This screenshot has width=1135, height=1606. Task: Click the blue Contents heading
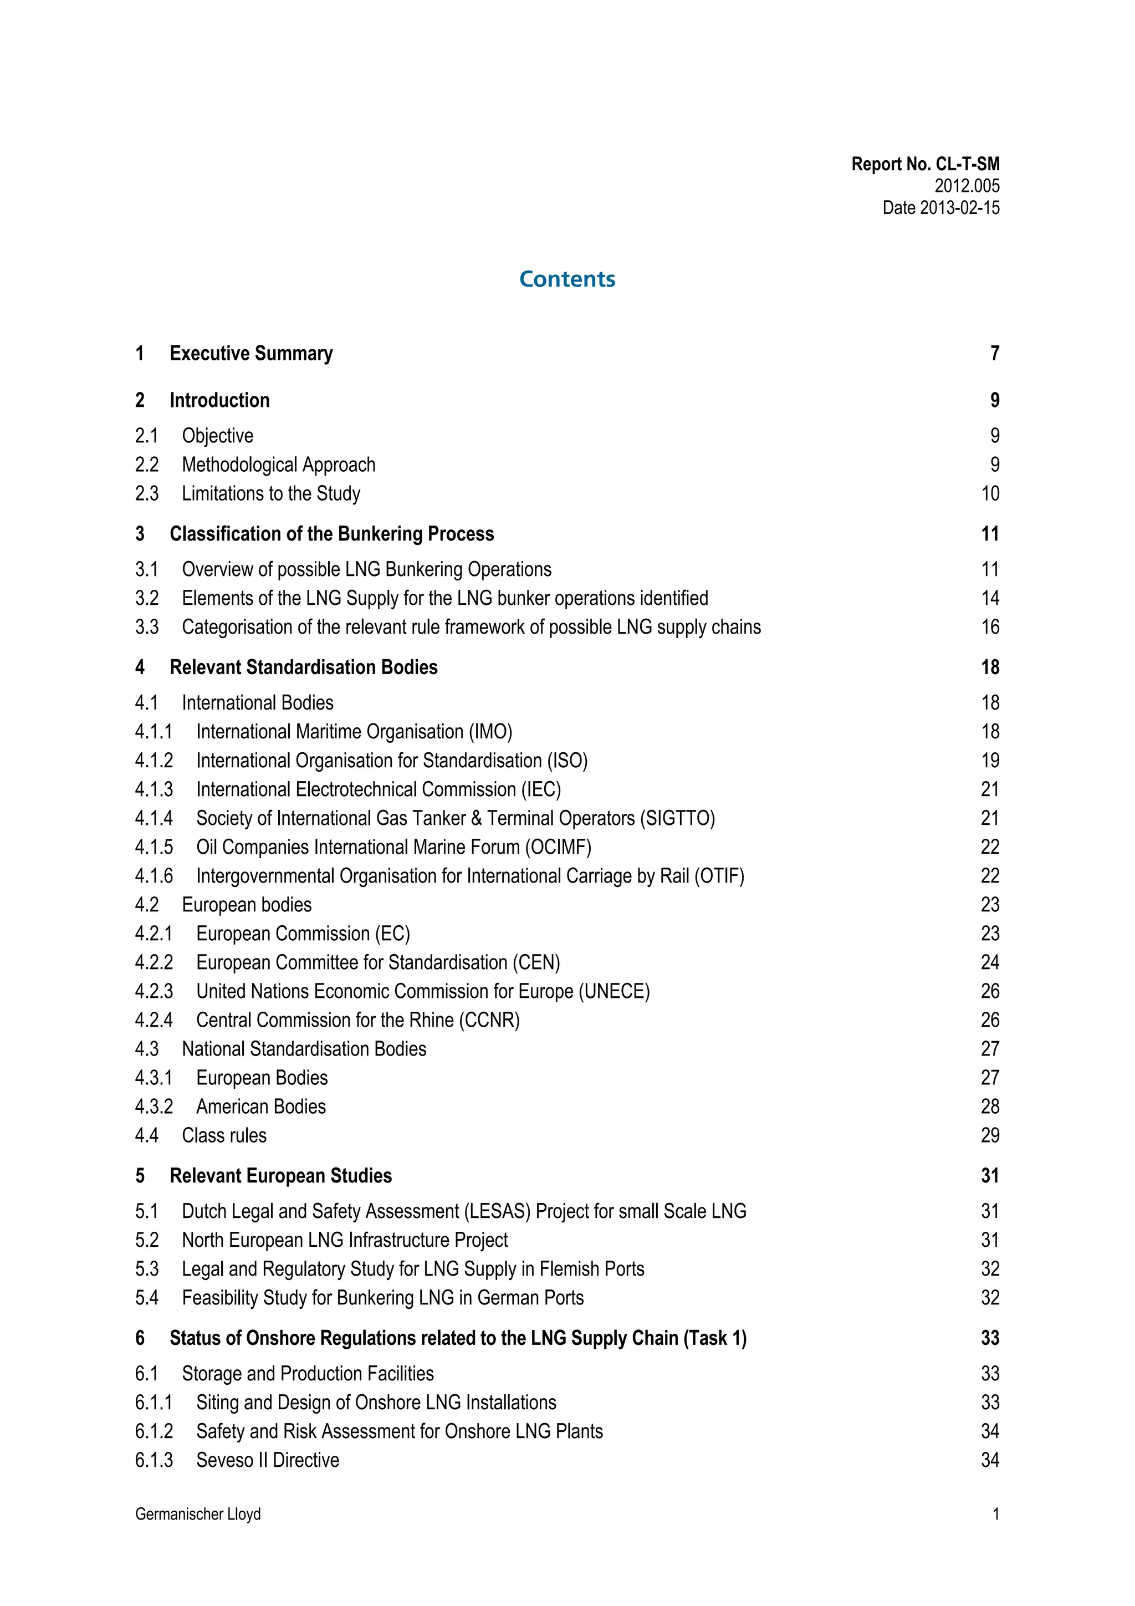[567, 279]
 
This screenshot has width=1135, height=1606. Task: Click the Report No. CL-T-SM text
[924, 165]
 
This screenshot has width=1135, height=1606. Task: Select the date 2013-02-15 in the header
[959, 208]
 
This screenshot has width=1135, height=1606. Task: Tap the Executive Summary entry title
[251, 353]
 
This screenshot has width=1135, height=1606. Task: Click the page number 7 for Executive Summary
[994, 353]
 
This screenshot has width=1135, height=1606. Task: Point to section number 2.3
[147, 494]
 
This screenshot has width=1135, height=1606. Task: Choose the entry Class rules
[224, 1135]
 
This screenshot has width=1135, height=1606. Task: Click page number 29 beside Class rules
[990, 1135]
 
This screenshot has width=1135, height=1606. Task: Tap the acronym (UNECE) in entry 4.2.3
[614, 991]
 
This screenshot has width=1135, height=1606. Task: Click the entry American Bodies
[261, 1107]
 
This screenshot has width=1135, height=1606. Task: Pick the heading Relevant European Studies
[280, 1176]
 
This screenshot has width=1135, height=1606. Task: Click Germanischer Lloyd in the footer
[198, 1515]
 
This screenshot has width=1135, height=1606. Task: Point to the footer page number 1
[996, 1515]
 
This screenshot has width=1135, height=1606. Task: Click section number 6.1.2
[154, 1432]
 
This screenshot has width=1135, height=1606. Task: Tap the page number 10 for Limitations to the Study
[990, 494]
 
